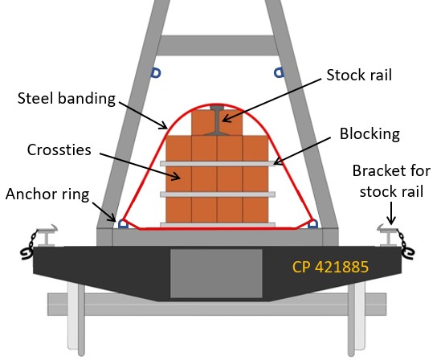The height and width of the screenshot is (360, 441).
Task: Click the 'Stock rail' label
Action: click(359, 75)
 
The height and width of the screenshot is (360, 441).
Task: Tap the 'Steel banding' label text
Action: click(67, 98)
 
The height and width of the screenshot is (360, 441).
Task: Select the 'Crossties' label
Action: click(59, 149)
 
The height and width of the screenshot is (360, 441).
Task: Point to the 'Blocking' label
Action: click(370, 133)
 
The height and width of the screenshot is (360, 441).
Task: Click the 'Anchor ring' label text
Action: click(47, 194)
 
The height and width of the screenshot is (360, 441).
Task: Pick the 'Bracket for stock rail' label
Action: click(391, 182)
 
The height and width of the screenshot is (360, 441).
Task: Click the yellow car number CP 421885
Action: click(330, 267)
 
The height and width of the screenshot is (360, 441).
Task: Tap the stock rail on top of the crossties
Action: click(217, 120)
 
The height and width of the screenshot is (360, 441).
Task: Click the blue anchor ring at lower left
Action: click(123, 224)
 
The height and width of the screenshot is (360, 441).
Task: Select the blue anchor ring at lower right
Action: click(312, 224)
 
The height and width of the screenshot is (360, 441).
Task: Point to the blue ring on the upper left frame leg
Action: click(156, 73)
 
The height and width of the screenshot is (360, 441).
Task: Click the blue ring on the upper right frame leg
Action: click(279, 73)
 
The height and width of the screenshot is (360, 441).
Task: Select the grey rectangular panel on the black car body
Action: click(216, 273)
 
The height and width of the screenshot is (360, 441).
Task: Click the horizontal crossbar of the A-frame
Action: click(217, 45)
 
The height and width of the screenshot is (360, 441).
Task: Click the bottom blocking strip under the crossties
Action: click(218, 225)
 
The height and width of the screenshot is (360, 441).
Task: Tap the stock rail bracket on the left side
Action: click(47, 235)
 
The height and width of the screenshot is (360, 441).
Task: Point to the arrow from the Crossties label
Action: click(140, 166)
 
